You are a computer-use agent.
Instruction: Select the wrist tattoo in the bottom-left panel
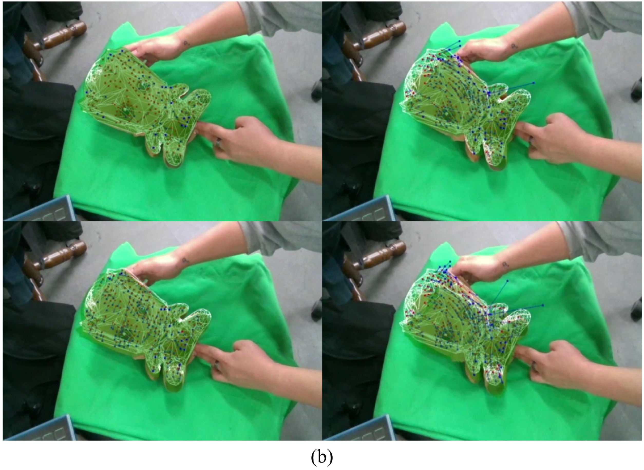click(x=187, y=260)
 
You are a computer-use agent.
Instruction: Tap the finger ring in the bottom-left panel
click(x=218, y=365)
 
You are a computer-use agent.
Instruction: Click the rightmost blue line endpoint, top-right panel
click(x=533, y=83)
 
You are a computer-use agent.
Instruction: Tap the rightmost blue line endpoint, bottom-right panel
click(x=543, y=305)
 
